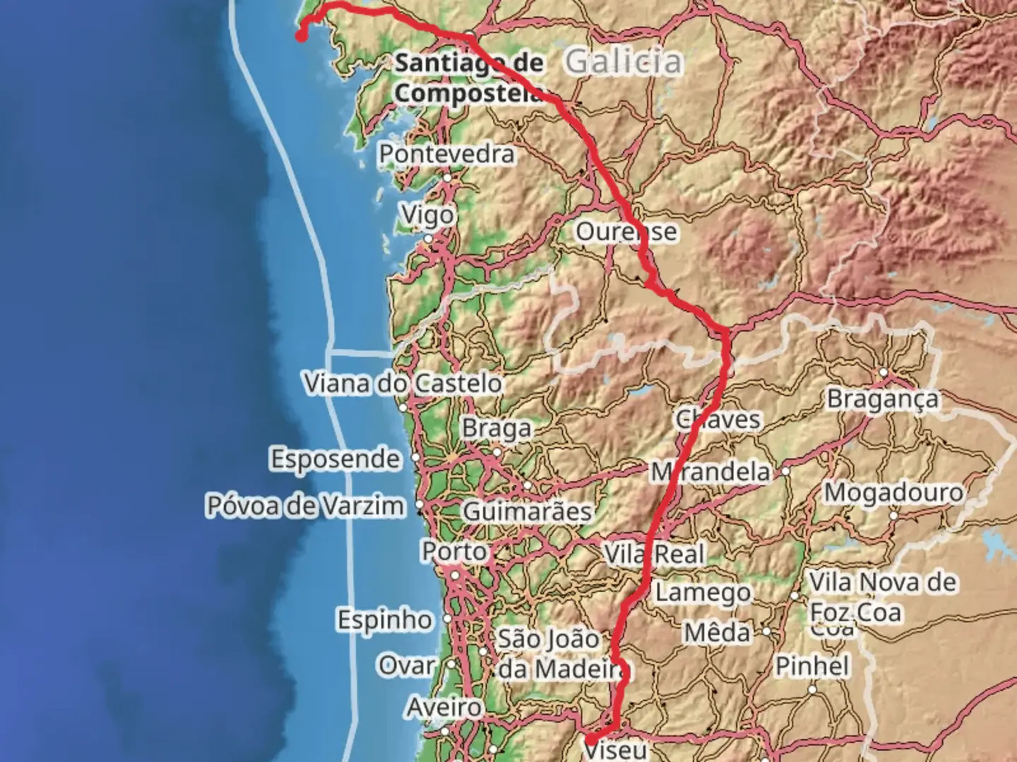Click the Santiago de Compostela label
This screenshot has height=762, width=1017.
click(x=469, y=78)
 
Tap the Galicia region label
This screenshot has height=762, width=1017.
click(x=624, y=61)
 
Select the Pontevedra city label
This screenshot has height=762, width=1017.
click(x=446, y=154)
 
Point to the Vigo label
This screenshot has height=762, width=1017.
click(x=427, y=214)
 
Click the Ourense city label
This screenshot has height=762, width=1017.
click(x=626, y=231)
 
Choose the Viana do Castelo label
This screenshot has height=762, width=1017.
click(x=403, y=384)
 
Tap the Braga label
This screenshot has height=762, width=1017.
click(x=496, y=428)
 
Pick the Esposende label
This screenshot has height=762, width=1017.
click(x=335, y=459)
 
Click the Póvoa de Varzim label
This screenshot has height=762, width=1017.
click(x=305, y=506)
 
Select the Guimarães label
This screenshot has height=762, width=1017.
click(x=527, y=511)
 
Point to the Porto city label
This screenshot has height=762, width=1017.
click(x=454, y=551)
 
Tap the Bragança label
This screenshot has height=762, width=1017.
click(x=883, y=399)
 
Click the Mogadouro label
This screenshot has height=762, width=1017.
click(x=893, y=492)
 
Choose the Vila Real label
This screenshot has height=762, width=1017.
click(x=655, y=554)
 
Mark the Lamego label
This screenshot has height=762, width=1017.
click(x=703, y=593)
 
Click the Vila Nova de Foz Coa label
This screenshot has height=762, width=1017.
click(x=883, y=597)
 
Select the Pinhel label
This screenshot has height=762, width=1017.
click(x=812, y=666)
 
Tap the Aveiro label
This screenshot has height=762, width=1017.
click(x=444, y=707)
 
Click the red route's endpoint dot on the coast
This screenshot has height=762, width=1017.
click(x=301, y=37)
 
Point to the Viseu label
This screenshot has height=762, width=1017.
click(x=615, y=749)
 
